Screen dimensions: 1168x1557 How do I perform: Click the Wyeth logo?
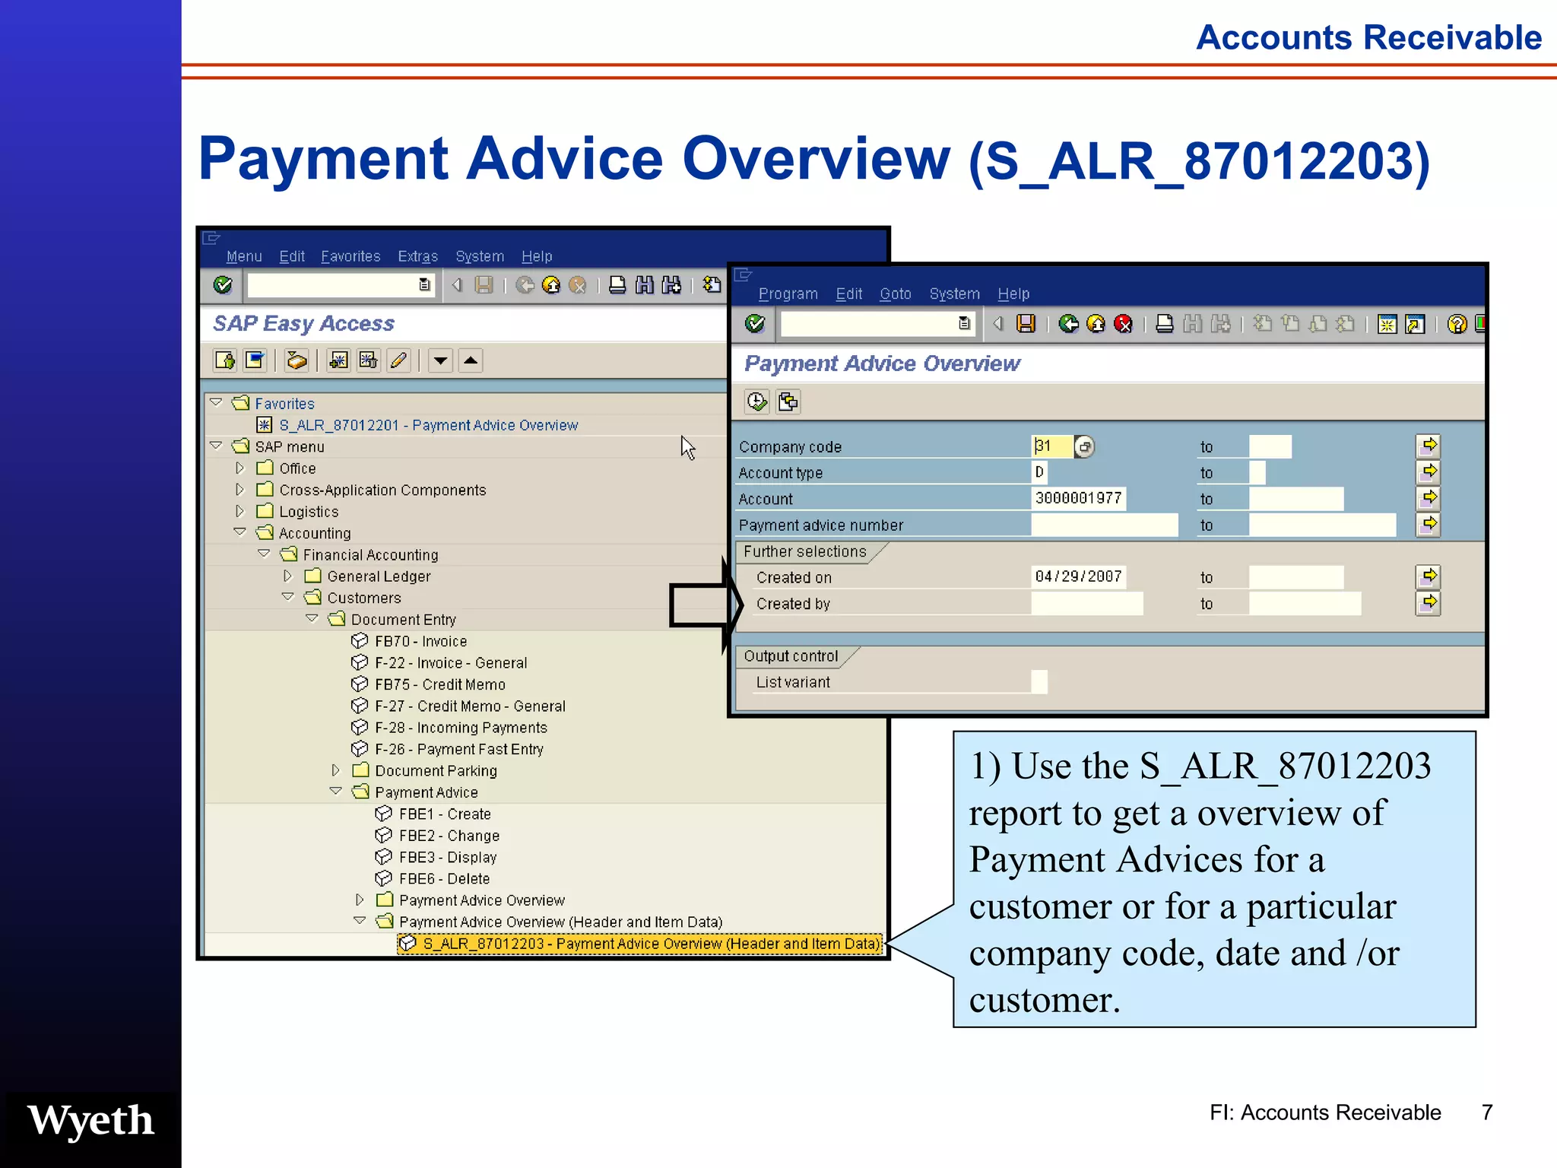click(90, 1120)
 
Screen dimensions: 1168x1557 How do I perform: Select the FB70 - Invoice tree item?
click(420, 641)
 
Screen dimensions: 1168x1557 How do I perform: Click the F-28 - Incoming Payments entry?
click(460, 728)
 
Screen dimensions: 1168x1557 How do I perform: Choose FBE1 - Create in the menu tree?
click(445, 814)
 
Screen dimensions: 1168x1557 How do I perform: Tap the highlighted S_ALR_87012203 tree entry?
click(639, 944)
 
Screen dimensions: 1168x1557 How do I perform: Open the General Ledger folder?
click(378, 576)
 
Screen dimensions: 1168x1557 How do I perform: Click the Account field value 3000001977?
click(1077, 498)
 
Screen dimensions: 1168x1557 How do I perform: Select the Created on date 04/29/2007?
click(1077, 576)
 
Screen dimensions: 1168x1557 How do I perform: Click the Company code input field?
click(1051, 446)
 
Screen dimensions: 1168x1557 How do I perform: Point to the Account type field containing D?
click(1039, 472)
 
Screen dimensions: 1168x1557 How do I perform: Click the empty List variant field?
click(1039, 682)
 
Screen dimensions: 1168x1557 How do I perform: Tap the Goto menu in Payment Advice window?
click(895, 294)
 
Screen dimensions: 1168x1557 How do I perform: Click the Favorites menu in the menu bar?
click(350, 256)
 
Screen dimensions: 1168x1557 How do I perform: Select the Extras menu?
click(417, 256)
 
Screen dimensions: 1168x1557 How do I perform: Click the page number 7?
click(1486, 1112)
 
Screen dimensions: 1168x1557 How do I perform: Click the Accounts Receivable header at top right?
click(1368, 37)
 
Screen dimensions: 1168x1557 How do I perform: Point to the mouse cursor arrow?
click(687, 447)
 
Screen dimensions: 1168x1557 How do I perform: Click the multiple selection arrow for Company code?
click(1429, 446)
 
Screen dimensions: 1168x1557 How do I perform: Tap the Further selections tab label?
click(804, 551)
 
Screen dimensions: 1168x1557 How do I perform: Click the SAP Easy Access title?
click(303, 323)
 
